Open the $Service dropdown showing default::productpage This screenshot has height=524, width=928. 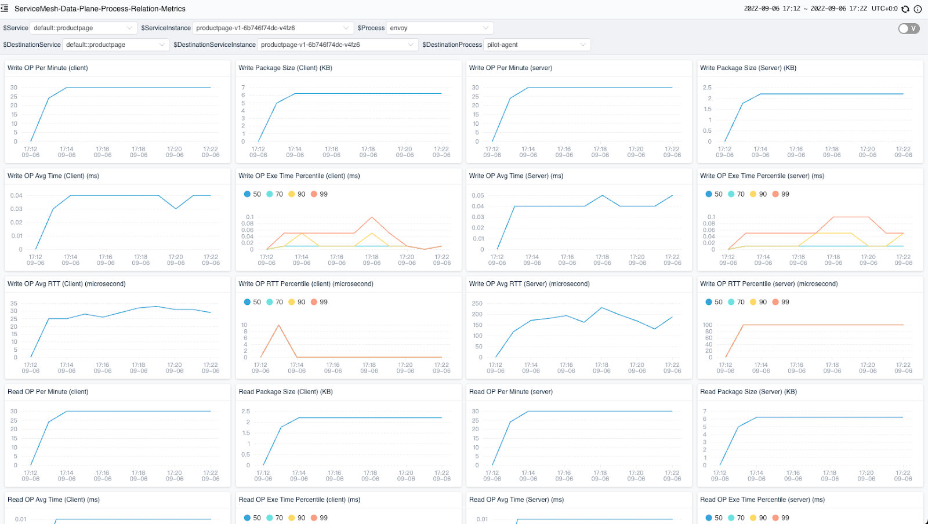pyautogui.click(x=83, y=28)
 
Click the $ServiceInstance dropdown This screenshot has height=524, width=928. pyautogui.click(x=272, y=28)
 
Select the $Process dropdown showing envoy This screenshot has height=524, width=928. pyautogui.click(x=439, y=28)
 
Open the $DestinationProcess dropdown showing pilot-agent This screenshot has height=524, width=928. pyautogui.click(x=536, y=45)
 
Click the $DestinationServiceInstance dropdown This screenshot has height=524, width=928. pyautogui.click(x=337, y=45)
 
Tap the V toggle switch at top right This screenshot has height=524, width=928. pyautogui.click(x=908, y=28)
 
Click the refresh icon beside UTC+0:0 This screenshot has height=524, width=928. pyautogui.click(x=905, y=9)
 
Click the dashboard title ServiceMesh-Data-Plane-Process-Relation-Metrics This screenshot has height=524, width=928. pyautogui.click(x=100, y=9)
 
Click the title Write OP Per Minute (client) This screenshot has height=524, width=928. pyautogui.click(x=48, y=68)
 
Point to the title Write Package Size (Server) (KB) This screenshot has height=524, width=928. pyautogui.click(x=748, y=68)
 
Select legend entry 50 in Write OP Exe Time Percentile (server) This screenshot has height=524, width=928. pyautogui.click(x=714, y=194)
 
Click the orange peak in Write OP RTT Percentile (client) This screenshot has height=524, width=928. pyautogui.click(x=279, y=325)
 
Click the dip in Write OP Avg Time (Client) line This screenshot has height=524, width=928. pyautogui.click(x=176, y=209)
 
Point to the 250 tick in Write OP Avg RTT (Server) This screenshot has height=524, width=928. pyautogui.click(x=477, y=303)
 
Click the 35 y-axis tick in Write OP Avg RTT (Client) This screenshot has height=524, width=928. pyautogui.click(x=14, y=303)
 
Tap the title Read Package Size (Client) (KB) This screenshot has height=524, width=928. pyautogui.click(x=285, y=392)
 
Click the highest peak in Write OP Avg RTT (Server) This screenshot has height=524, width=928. pyautogui.click(x=601, y=308)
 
